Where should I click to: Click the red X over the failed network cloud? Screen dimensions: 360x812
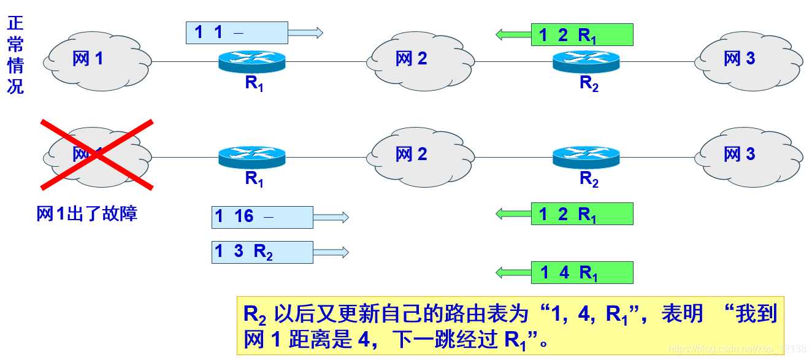[97, 155]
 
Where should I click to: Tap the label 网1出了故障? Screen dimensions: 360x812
[86, 213]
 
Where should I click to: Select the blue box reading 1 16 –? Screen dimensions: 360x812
[262, 217]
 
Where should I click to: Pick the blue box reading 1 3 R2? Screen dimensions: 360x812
[262, 252]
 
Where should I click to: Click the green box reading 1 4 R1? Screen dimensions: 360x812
[581, 272]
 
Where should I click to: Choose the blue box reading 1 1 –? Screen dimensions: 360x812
[237, 33]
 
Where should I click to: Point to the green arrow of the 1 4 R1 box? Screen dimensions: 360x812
[513, 272]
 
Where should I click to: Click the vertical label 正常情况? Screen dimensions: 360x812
[15, 55]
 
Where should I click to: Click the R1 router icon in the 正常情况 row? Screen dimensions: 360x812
[252, 61]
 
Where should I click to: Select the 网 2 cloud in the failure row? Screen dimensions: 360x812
[421, 155]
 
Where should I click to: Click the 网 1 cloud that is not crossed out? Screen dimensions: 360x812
[98, 59]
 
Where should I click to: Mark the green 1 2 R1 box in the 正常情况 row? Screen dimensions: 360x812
[581, 35]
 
